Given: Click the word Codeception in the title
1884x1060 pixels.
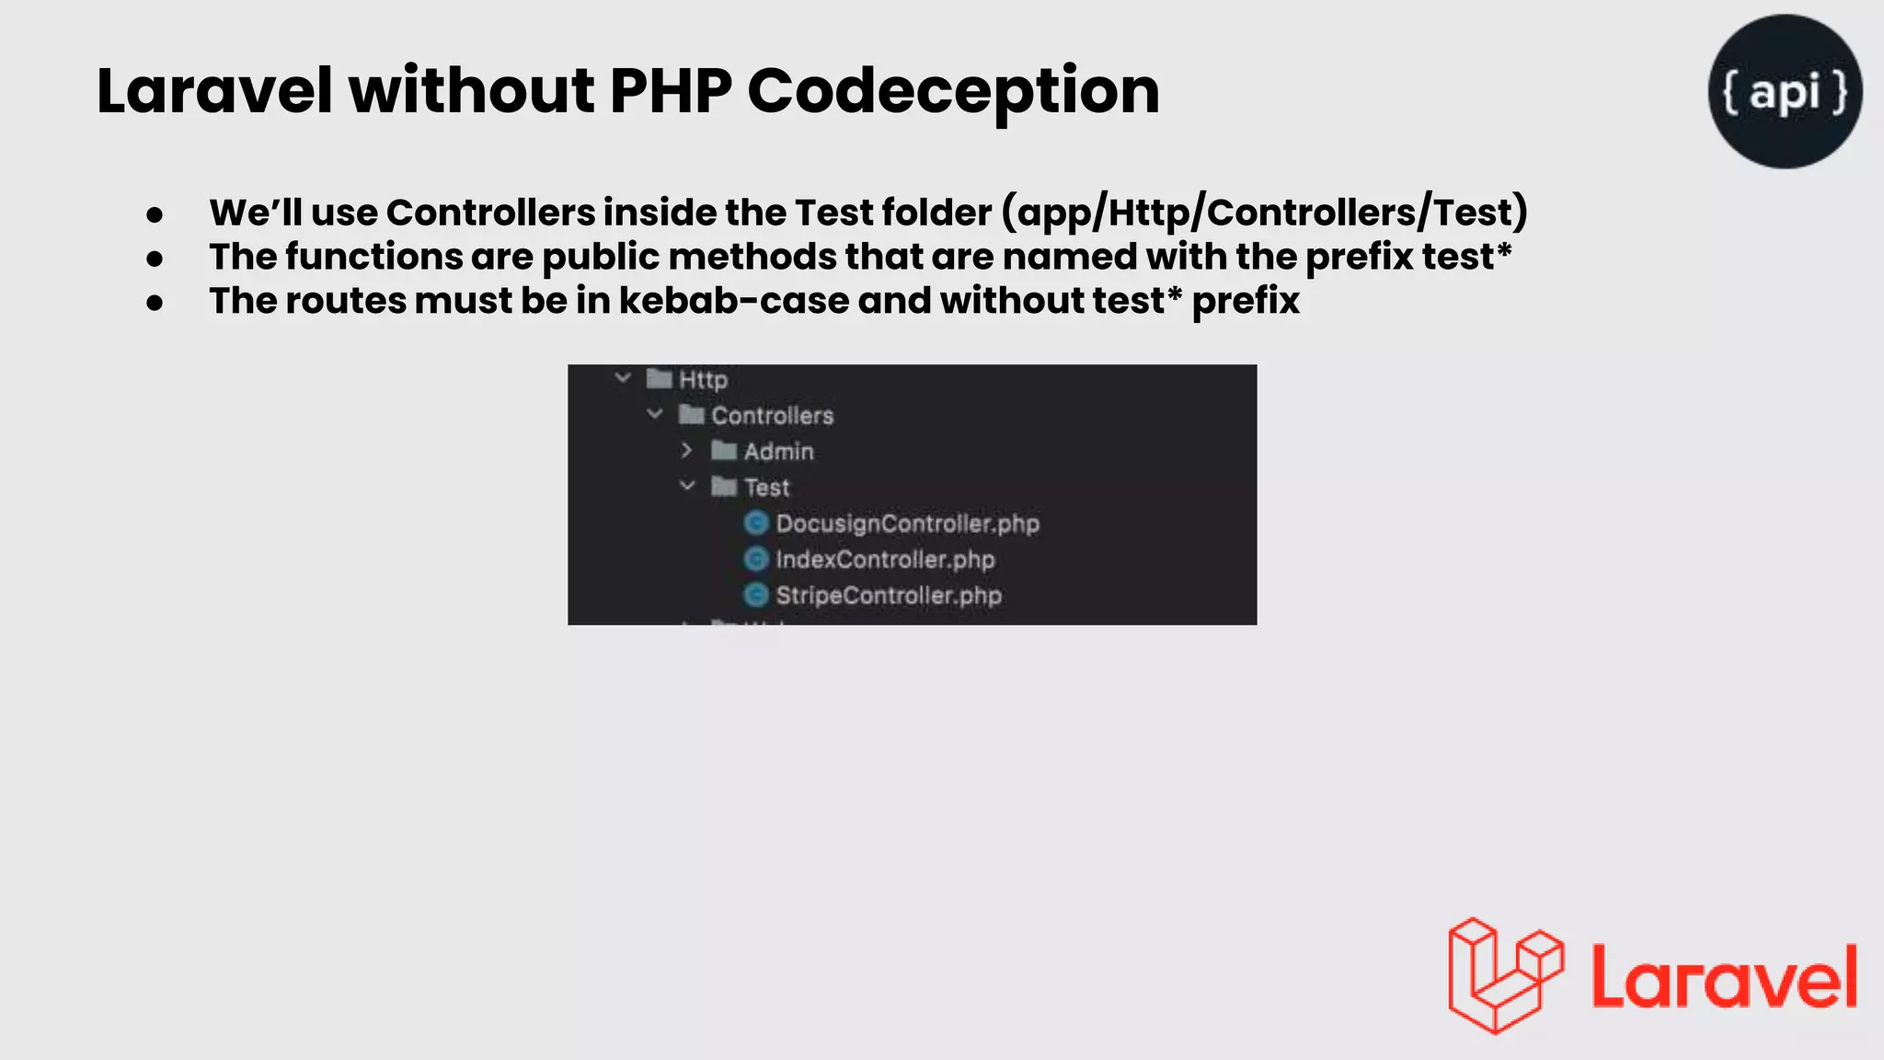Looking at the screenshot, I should click(x=953, y=92).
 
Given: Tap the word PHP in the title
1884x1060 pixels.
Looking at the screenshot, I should click(x=671, y=92).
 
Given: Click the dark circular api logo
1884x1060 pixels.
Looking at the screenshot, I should click(x=1785, y=91).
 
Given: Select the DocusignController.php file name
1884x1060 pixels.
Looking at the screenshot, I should click(x=907, y=524).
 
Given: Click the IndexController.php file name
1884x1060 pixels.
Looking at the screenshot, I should click(x=885, y=559).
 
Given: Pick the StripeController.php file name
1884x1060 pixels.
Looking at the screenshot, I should click(x=889, y=595).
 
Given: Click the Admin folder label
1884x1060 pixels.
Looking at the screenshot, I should click(x=778, y=452).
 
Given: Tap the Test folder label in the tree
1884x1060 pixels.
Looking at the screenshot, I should click(x=766, y=488).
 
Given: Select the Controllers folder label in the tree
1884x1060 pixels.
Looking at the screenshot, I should click(x=772, y=416).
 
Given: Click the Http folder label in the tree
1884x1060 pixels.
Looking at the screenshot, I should click(x=703, y=379).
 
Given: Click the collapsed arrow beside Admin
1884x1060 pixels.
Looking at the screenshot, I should click(x=686, y=451).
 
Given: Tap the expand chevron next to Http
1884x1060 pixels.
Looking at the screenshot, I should click(x=623, y=378).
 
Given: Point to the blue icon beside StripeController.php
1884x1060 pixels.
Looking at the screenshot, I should click(x=756, y=595).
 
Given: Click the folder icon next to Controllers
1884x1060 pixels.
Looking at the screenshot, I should click(x=691, y=415).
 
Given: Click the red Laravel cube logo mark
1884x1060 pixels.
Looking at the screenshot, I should click(x=1505, y=975).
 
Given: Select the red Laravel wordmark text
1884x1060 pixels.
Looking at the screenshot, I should click(x=1724, y=977).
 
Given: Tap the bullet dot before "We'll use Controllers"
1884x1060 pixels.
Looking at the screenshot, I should click(x=155, y=215).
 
